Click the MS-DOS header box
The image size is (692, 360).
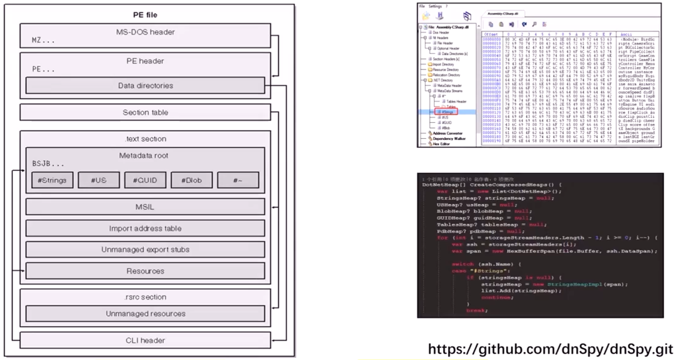tap(145, 35)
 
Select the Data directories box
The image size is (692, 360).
tap(145, 85)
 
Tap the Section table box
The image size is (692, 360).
tap(145, 112)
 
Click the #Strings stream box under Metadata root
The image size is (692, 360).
tap(52, 180)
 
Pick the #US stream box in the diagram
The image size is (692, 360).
tap(99, 180)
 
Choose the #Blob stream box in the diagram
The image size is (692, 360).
tap(191, 180)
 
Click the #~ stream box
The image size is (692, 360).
tap(238, 180)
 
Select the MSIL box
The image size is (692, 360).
tap(145, 207)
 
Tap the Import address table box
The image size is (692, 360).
tap(145, 228)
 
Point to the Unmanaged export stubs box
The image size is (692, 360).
tap(145, 249)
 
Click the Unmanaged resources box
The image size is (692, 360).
tap(145, 314)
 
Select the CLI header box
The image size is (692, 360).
tap(145, 340)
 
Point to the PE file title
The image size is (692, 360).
tap(145, 15)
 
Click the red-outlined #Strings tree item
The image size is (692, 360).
tap(447, 112)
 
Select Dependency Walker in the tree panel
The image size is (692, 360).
tap(449, 138)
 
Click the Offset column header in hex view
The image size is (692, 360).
tap(491, 35)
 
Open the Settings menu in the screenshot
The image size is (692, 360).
tap(435, 6)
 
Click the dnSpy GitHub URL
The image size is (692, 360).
tap(550, 349)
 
